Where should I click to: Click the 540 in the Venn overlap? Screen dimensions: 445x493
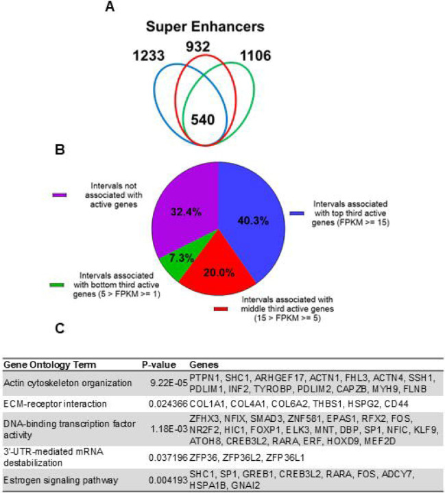(x=203, y=119)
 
